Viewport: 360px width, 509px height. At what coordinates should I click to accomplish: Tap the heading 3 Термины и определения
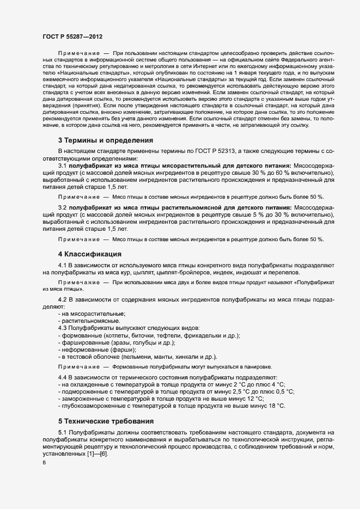105,140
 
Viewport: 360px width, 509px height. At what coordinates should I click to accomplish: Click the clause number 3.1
62,165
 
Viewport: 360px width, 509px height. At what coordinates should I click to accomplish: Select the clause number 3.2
62,207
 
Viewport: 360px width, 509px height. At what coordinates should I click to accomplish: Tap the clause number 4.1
62,265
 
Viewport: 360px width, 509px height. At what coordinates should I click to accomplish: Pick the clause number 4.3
62,328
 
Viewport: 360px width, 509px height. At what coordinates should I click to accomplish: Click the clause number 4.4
62,377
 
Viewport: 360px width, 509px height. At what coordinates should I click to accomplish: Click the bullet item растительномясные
89,321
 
